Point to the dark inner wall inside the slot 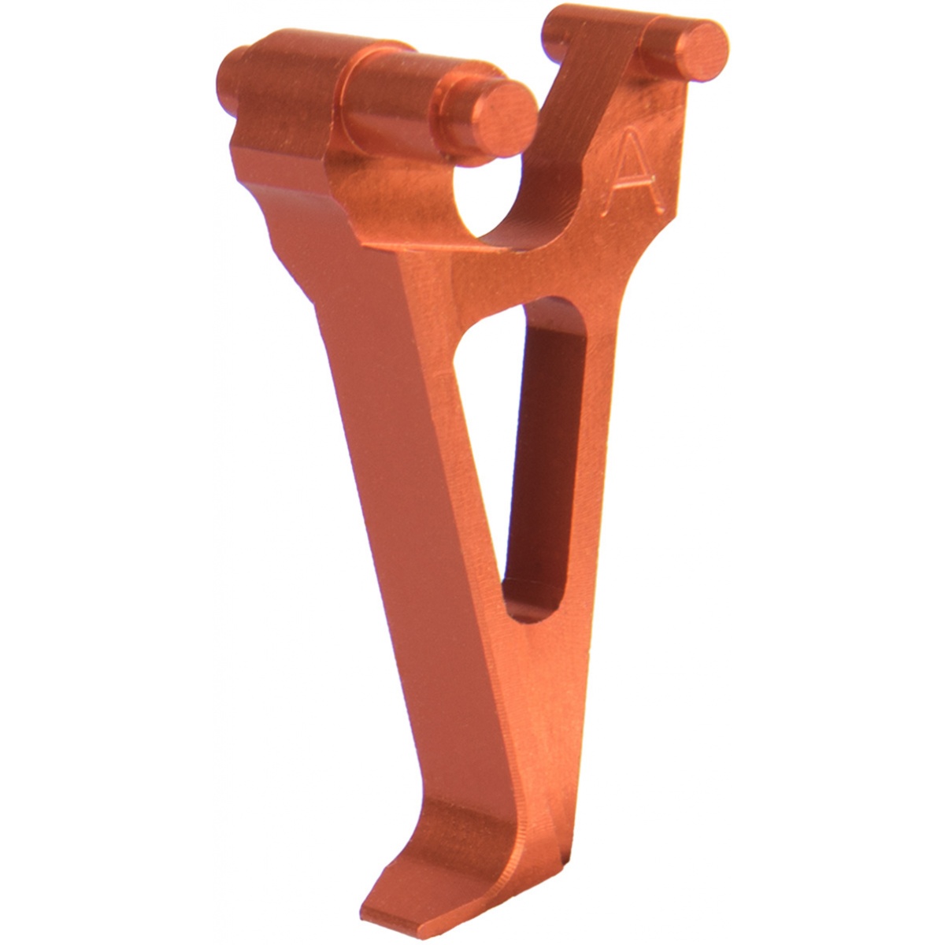click(544, 456)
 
